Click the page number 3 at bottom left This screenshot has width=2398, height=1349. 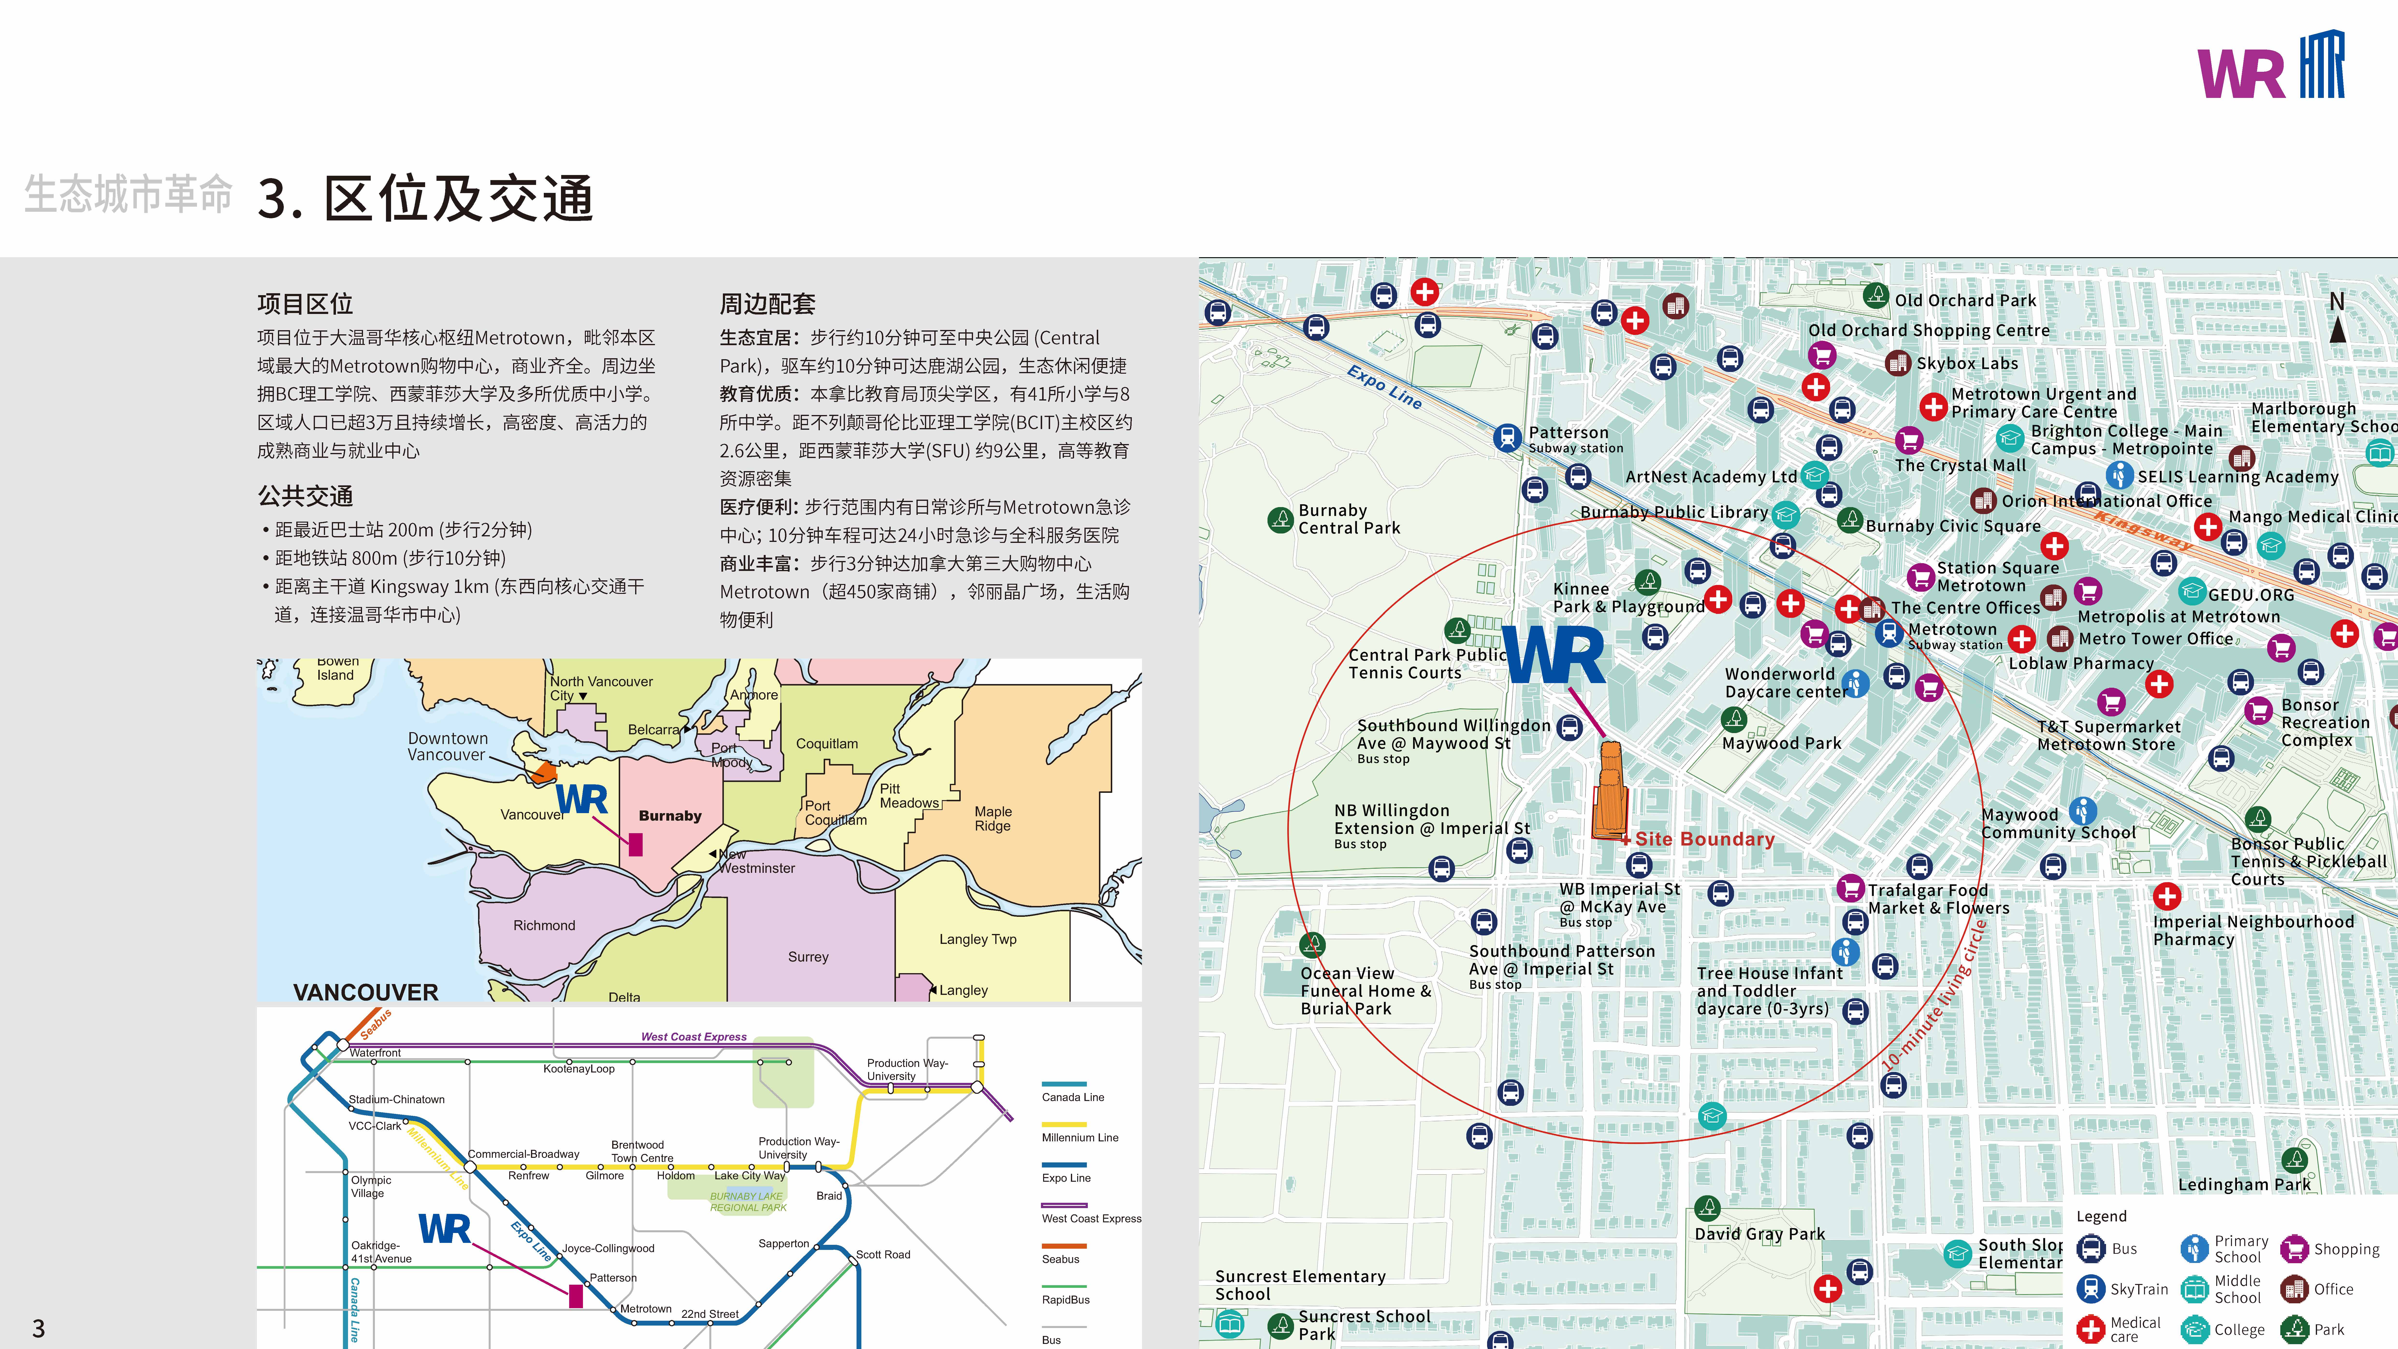coord(38,1328)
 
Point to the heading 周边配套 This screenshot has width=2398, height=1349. coord(767,304)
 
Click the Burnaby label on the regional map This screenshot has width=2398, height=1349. coord(669,816)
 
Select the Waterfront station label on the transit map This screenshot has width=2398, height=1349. coord(375,1053)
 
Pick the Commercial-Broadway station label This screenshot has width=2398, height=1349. coord(523,1154)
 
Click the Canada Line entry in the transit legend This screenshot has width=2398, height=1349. coord(1072,1097)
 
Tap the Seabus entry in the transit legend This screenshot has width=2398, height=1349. coord(1060,1259)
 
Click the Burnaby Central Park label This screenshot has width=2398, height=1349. coord(1349,518)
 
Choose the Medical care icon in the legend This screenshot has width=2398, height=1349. coord(2091,1328)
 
